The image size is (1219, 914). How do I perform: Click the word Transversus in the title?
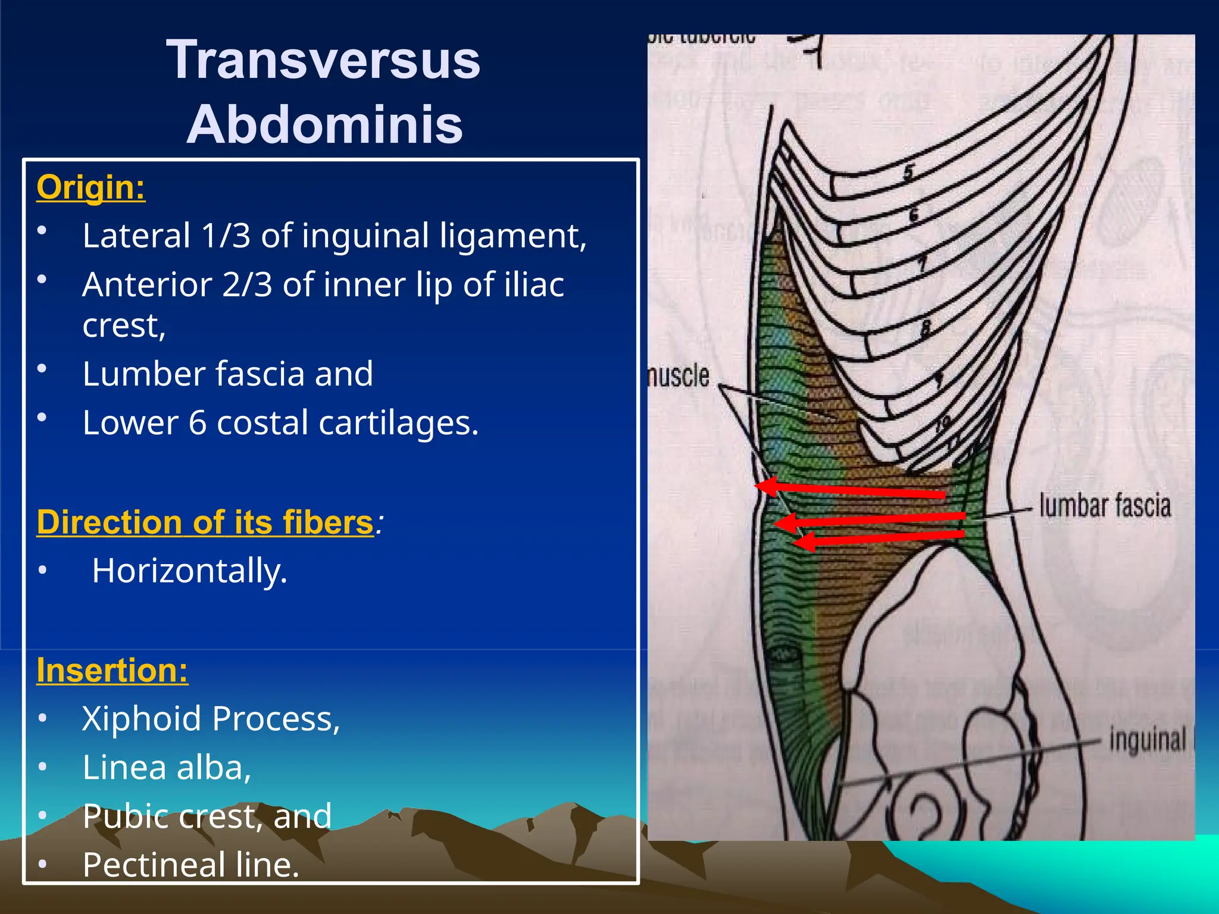[323, 60]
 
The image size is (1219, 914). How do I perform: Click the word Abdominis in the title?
[325, 124]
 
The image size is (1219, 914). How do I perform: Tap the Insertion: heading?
[112, 670]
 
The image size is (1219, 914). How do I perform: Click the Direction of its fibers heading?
[205, 522]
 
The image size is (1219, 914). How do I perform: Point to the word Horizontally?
[190, 571]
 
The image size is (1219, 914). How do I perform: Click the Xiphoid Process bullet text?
[211, 719]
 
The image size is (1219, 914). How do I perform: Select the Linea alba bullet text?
[167, 768]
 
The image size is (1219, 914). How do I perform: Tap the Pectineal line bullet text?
[190, 865]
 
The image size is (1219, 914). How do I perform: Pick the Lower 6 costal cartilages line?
[280, 423]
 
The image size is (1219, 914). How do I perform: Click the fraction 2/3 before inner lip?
[247, 285]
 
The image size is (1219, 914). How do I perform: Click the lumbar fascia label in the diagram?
[1105, 506]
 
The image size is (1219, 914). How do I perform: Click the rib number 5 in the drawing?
[908, 173]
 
